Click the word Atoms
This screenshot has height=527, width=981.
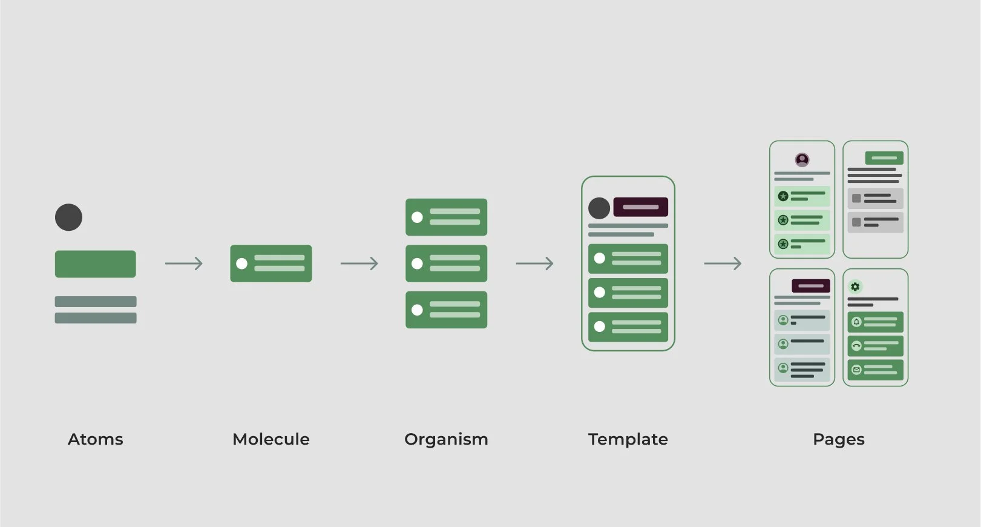coord(95,439)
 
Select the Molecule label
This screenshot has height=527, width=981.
coord(271,439)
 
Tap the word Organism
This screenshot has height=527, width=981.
coord(446,439)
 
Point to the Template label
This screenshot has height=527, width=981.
coord(628,439)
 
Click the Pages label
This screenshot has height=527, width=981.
coord(838,439)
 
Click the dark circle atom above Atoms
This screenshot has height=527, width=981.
coord(68,217)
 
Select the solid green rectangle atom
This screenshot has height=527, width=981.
coord(95,264)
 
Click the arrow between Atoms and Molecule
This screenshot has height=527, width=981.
coord(183,263)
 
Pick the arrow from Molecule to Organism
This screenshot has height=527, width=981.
coord(359,263)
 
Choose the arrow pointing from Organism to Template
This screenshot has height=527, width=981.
coord(534,263)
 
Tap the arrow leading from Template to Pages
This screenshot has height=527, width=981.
coord(723,263)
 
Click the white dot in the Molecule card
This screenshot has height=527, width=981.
coord(242,263)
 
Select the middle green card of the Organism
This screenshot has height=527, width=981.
coord(446,263)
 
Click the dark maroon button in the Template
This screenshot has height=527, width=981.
coord(640,207)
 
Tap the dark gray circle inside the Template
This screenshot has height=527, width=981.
coord(599,208)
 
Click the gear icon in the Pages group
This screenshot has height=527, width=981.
coord(855,287)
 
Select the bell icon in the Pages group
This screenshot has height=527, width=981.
coord(856,322)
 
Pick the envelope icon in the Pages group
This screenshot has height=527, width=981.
coord(856,370)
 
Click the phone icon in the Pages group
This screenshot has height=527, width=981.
coord(856,346)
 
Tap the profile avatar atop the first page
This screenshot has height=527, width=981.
coord(802,160)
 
